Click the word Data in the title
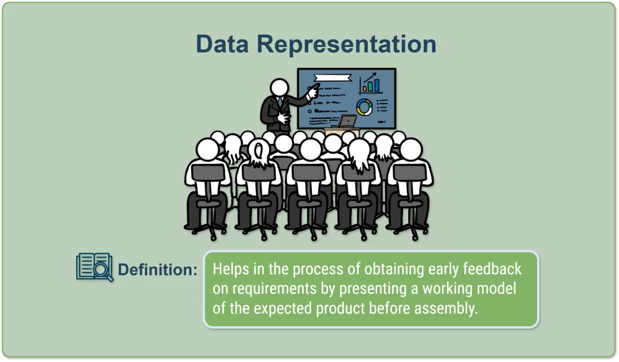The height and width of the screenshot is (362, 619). point(222,44)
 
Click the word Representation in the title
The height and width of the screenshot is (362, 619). point(347,45)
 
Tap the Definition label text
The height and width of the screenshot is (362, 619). point(158,270)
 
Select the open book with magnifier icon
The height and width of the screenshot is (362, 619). point(95,267)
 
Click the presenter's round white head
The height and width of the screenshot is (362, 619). point(280,88)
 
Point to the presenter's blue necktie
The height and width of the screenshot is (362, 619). point(280,102)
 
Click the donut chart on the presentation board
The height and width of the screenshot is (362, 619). point(364,107)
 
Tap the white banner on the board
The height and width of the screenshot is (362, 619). point(333,78)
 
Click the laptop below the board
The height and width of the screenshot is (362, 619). point(347,121)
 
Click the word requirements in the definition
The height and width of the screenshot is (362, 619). point(274,289)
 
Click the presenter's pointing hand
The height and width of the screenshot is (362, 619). point(313,91)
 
